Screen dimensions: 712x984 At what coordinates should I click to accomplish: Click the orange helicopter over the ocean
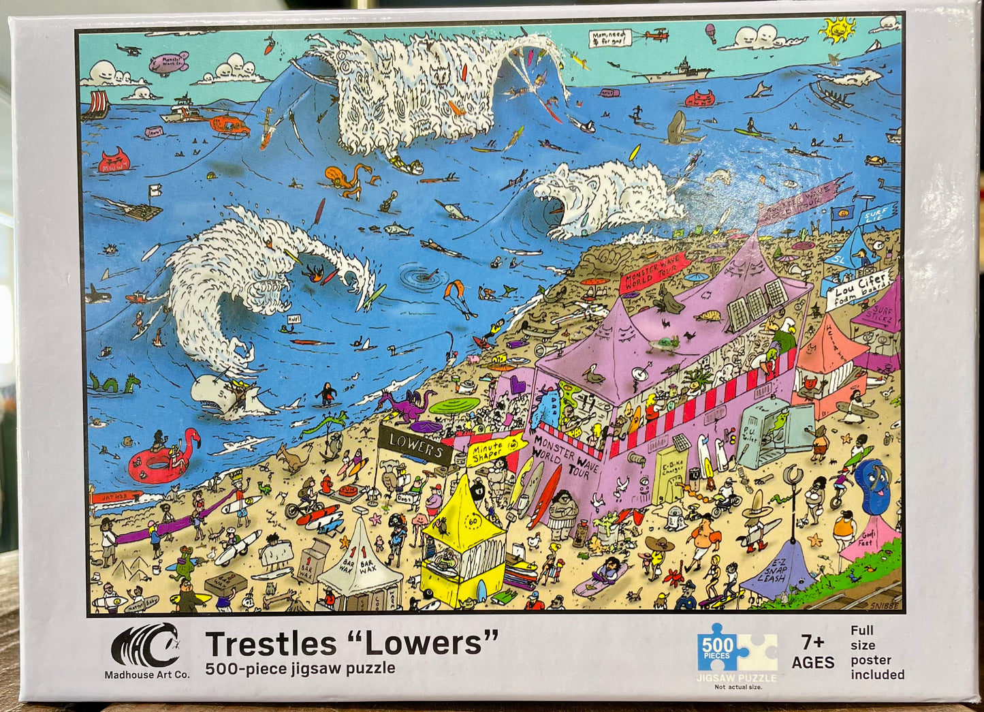227,124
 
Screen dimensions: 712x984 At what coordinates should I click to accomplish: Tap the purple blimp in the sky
168,63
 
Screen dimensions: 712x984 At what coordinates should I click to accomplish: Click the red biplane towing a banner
656,34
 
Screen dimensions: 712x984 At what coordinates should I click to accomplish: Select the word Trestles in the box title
270,644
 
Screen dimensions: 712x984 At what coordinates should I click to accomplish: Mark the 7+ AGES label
812,652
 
